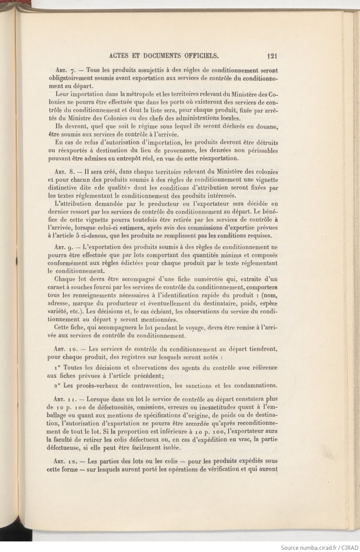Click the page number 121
tap(273, 55)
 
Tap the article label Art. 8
tap(64, 172)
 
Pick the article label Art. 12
tap(66, 461)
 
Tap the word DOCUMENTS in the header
tap(161, 55)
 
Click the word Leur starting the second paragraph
tap(62, 94)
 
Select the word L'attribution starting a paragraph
tap(72, 203)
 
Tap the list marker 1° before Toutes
tap(58, 368)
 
